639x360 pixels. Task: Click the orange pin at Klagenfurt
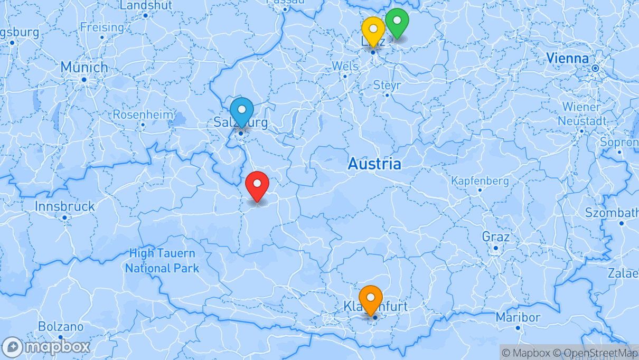(x=371, y=299)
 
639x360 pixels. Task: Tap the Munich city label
(x=84, y=68)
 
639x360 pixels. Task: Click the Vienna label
(x=567, y=58)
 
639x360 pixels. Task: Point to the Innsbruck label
(x=64, y=206)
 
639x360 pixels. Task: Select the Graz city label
(x=495, y=236)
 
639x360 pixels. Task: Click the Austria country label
(x=374, y=164)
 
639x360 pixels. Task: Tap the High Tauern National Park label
(x=162, y=261)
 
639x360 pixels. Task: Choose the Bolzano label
(x=61, y=327)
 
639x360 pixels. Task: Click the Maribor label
(x=518, y=318)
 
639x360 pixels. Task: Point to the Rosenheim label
(x=143, y=115)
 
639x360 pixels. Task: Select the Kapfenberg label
(x=480, y=181)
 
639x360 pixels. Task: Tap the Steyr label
(x=387, y=85)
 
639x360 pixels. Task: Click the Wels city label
(x=345, y=67)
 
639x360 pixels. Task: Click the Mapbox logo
(x=46, y=347)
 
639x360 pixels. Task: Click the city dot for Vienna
(x=595, y=68)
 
